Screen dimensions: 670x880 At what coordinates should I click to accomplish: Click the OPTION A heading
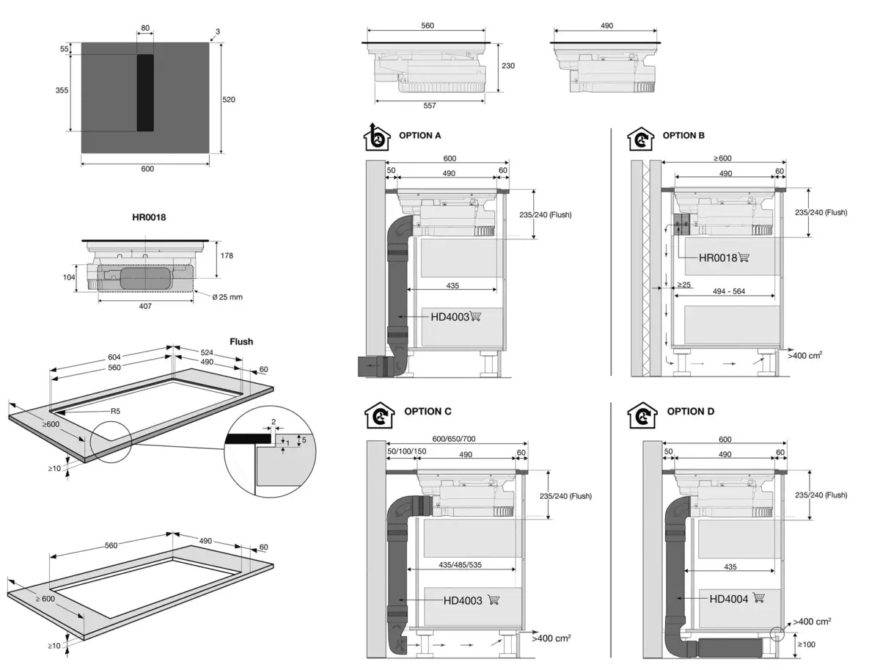pyautogui.click(x=419, y=136)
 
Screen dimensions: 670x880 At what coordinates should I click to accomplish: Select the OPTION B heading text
pyautogui.click(x=683, y=136)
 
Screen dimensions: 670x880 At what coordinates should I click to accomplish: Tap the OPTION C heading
pyautogui.click(x=433, y=412)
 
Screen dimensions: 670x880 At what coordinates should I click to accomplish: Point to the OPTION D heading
pyautogui.click(x=690, y=412)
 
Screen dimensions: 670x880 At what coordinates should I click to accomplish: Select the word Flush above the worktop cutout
pyautogui.click(x=241, y=341)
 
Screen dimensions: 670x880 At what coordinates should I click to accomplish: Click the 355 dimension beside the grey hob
pyautogui.click(x=62, y=90)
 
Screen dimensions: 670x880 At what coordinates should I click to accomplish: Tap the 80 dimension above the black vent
pyautogui.click(x=145, y=29)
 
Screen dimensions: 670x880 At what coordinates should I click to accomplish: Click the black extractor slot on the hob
pyautogui.click(x=145, y=92)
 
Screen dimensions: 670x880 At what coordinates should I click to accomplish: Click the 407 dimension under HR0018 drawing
pyautogui.click(x=145, y=306)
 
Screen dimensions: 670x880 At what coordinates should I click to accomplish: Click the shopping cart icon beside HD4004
pyautogui.click(x=759, y=598)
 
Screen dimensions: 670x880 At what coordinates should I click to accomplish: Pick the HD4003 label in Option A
pyautogui.click(x=449, y=316)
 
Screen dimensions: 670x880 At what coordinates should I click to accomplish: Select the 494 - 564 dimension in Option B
pyautogui.click(x=725, y=291)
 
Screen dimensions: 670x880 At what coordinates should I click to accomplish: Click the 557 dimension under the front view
pyautogui.click(x=429, y=106)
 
